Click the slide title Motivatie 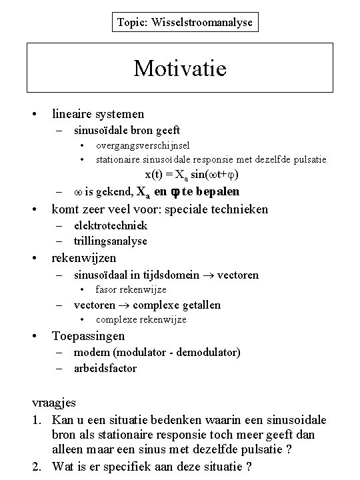pyautogui.click(x=180, y=68)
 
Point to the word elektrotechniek pyautogui.click(x=111, y=225)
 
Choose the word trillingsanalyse pyautogui.click(x=110, y=241)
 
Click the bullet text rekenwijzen pyautogui.click(x=84, y=257)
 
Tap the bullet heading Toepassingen pyautogui.click(x=88, y=335)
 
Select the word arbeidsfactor pyautogui.click(x=105, y=367)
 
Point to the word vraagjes pyautogui.click(x=55, y=403)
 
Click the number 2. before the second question pyautogui.click(x=38, y=465)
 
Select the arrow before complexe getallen pyautogui.click(x=126, y=305)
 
